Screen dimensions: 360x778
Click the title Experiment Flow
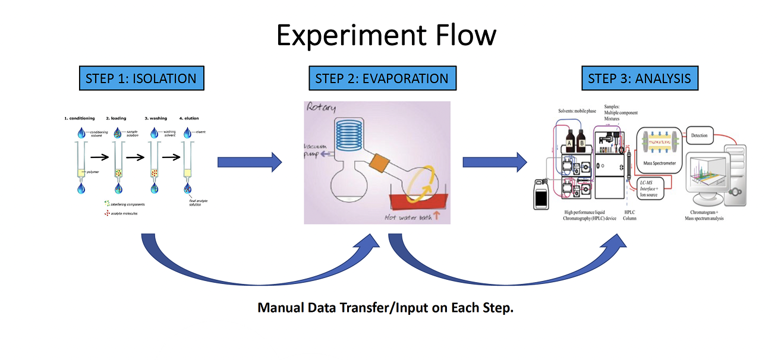pos(386,36)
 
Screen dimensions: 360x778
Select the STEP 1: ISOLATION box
pos(141,78)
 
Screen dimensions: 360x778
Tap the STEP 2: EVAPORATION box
pos(382,78)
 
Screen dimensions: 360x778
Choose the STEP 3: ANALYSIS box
pos(639,78)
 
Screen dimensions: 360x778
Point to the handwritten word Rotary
pos(322,108)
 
